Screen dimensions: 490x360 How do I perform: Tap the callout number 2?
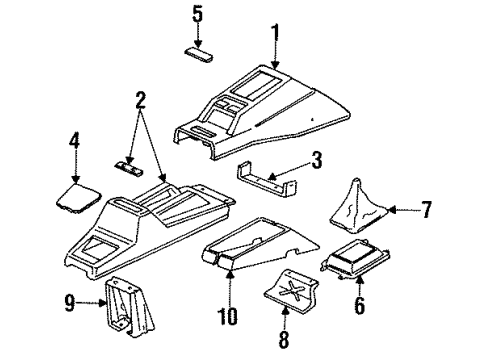(x=140, y=100)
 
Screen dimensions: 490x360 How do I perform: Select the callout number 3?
(x=316, y=159)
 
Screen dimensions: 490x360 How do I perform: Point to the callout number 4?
(x=74, y=140)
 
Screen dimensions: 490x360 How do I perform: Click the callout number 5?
(x=197, y=14)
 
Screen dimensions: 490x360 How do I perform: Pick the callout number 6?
(x=359, y=305)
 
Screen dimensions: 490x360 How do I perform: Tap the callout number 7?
(x=426, y=209)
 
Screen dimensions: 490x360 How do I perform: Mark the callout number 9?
(x=70, y=303)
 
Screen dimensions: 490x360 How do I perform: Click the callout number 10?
(x=228, y=316)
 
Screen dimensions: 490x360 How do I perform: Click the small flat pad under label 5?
(x=199, y=55)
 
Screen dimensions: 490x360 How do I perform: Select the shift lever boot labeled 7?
(x=359, y=205)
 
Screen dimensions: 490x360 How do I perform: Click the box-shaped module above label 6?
(x=355, y=258)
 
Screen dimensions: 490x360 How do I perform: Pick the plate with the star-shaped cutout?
(x=291, y=292)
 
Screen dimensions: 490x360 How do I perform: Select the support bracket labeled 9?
(x=130, y=307)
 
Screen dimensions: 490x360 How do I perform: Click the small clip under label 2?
(x=129, y=168)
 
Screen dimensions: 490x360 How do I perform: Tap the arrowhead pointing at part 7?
(x=393, y=210)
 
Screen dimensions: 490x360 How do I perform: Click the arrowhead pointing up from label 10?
(x=230, y=275)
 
